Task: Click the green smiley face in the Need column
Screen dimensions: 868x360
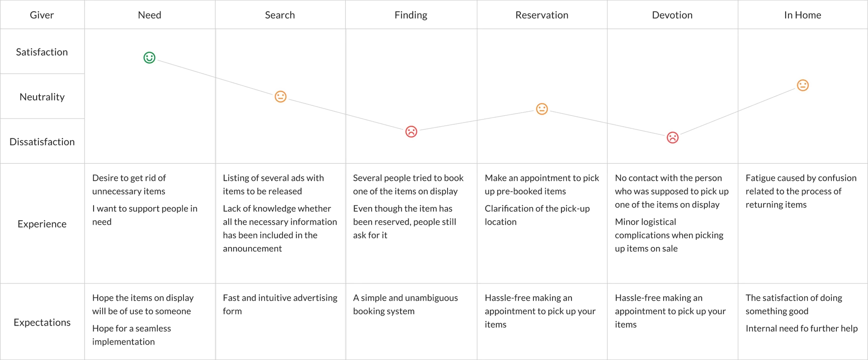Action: click(149, 58)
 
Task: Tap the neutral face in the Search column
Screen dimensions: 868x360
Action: click(280, 97)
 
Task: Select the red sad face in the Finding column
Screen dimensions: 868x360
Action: click(411, 132)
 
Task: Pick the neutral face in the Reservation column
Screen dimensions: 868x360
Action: click(542, 109)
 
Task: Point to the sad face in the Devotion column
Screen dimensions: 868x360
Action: click(672, 137)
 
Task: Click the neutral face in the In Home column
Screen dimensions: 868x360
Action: click(802, 85)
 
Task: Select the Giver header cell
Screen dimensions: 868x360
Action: click(42, 15)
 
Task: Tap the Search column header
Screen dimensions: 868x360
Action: click(280, 15)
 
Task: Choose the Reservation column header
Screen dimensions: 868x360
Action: click(542, 15)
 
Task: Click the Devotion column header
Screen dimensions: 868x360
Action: click(672, 15)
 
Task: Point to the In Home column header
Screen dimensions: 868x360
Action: click(802, 15)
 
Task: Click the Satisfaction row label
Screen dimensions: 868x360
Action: click(42, 52)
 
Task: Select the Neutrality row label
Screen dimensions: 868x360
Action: click(42, 96)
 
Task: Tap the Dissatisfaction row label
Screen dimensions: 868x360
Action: click(42, 142)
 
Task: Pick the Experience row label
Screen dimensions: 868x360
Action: click(42, 223)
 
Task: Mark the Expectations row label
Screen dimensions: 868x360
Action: click(42, 322)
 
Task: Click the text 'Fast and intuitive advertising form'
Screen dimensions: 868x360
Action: click(279, 304)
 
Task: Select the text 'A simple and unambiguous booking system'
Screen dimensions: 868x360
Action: click(405, 304)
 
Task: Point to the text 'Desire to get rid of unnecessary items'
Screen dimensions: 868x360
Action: click(129, 185)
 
